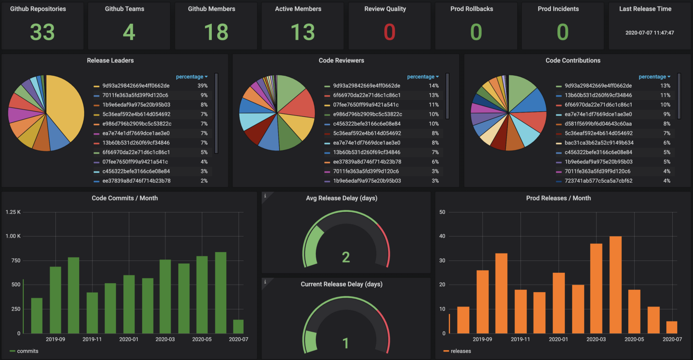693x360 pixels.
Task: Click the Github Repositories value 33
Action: click(x=42, y=32)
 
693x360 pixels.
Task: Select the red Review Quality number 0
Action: click(x=389, y=32)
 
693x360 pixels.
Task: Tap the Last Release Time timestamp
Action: click(x=649, y=33)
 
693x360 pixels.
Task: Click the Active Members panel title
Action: click(x=302, y=9)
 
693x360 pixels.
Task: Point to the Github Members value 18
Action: click(x=216, y=32)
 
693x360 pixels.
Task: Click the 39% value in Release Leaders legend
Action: click(x=203, y=86)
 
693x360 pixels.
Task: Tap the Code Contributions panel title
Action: click(x=573, y=60)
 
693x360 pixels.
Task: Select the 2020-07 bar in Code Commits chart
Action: click(x=239, y=326)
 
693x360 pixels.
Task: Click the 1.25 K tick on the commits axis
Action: click(x=13, y=211)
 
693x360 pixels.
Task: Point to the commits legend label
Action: click(x=28, y=351)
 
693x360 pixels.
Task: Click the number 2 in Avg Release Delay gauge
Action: click(x=346, y=257)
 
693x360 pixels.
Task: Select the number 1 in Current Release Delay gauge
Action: click(x=346, y=343)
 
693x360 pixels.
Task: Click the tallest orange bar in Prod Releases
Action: click(x=615, y=285)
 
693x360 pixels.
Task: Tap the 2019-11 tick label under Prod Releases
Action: click(x=520, y=340)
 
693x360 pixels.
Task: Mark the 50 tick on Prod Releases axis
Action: click(x=442, y=212)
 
